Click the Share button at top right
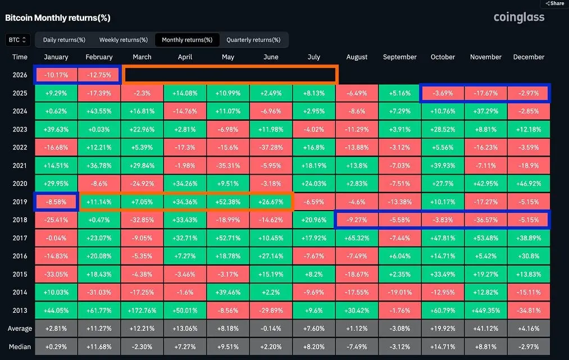554,3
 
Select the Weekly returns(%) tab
124,40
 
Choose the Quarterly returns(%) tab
253,40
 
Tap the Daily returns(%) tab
64,40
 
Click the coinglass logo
519,17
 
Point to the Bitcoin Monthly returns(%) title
58,17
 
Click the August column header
357,57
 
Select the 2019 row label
20,201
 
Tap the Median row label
20,347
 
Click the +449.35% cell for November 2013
485,310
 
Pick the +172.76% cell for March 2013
142,310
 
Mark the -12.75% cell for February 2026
99,75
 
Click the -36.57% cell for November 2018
485,220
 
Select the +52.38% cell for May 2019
228,201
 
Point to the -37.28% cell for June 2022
271,147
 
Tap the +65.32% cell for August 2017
357,238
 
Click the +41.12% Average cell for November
485,329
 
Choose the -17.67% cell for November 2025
485,93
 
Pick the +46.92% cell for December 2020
529,183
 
